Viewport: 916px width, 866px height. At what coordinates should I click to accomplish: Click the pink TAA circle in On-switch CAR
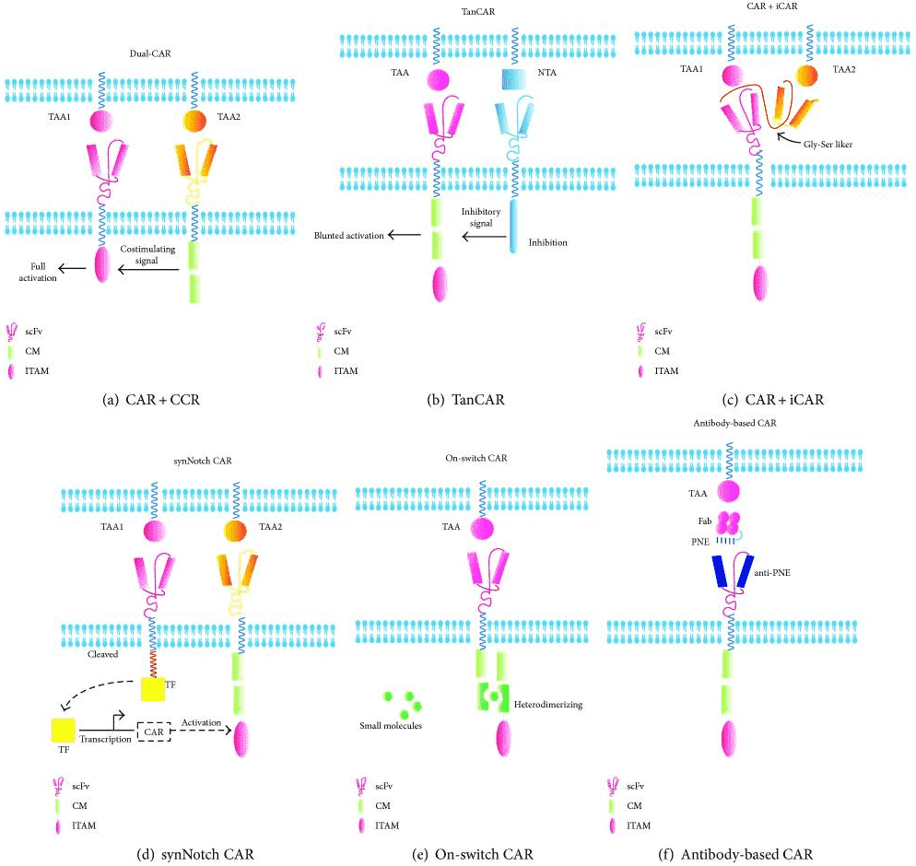point(482,529)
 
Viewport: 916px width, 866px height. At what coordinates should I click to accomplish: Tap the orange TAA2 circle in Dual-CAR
point(194,121)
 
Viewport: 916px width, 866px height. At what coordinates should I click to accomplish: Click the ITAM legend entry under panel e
point(387,825)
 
